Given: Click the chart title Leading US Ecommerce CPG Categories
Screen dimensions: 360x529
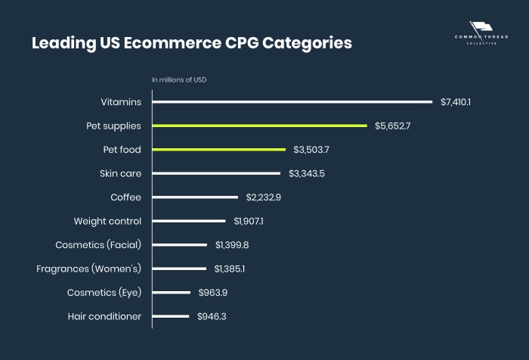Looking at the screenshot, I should tap(191, 43).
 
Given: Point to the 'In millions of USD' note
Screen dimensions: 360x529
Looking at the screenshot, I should tap(179, 79).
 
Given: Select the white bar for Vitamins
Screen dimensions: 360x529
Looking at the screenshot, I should tap(292, 101).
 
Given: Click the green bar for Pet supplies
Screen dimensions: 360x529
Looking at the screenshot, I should tap(259, 126).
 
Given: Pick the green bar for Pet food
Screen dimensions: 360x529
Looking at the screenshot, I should tap(219, 150).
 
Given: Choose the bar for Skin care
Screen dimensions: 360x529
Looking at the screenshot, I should tap(216, 173).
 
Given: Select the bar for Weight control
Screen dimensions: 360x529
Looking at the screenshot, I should tap(189, 221).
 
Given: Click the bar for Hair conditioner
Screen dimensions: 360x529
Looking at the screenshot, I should tap(171, 316).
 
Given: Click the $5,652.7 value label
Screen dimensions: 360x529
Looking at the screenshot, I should tap(392, 126).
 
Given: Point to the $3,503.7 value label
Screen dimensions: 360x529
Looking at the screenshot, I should tap(311, 150).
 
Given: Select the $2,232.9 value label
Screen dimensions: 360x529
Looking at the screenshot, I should tap(264, 197).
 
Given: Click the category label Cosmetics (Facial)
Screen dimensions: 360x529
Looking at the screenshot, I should tap(98, 245).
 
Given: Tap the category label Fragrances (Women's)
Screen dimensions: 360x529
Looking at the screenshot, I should tap(89, 268).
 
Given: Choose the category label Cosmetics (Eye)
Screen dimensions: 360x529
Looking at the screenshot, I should tap(104, 293).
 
